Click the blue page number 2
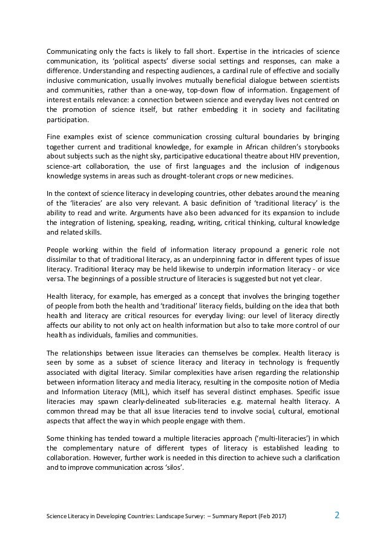pyautogui.click(x=337, y=515)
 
